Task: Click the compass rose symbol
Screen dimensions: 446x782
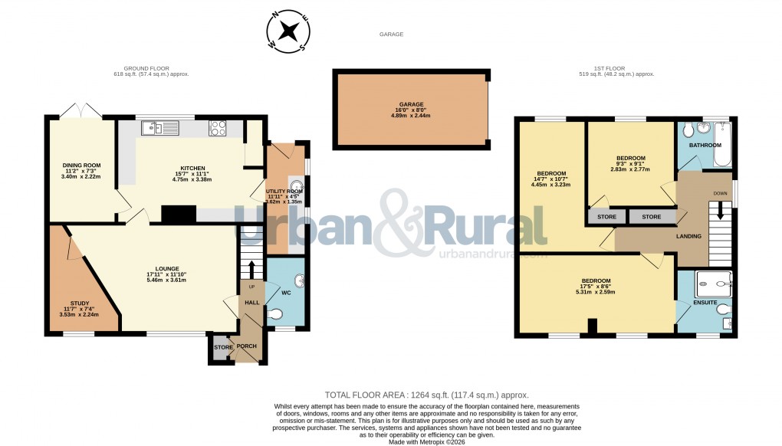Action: point(288,31)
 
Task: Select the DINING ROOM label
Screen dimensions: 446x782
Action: point(81,165)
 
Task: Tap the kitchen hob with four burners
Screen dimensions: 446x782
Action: point(218,128)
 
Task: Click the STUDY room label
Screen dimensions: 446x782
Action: point(80,303)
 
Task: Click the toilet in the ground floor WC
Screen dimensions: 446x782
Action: point(276,314)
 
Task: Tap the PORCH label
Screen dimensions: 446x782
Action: point(246,346)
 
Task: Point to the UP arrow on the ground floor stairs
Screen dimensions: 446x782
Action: point(250,271)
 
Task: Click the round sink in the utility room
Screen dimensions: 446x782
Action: point(296,184)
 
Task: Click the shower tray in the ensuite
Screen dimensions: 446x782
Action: point(713,286)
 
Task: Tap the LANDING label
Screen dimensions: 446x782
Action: point(688,236)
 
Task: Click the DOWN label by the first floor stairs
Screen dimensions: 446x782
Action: point(720,194)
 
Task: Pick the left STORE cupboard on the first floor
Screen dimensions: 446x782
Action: point(606,217)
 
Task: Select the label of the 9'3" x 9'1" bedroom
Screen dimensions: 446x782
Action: point(631,158)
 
